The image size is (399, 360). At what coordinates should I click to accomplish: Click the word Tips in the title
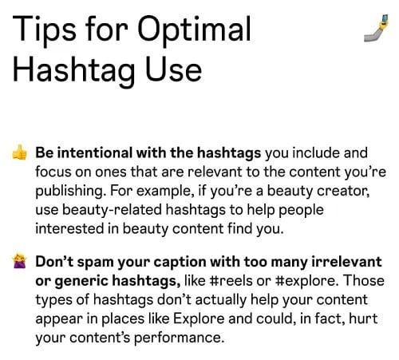(40, 31)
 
